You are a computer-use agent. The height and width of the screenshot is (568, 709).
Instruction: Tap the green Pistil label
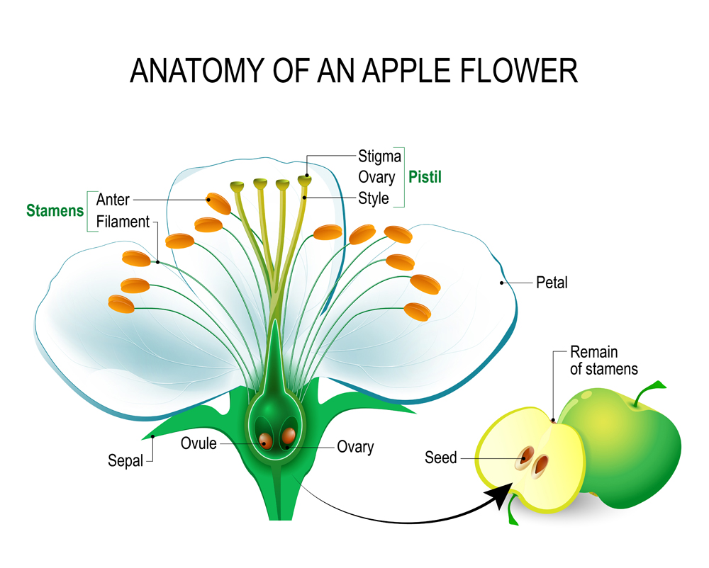[x=424, y=176]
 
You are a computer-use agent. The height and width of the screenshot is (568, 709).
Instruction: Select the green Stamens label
[x=55, y=210]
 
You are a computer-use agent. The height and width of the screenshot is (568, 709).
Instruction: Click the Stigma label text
[x=379, y=156]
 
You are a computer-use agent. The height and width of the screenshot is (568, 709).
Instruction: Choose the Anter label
[x=113, y=200]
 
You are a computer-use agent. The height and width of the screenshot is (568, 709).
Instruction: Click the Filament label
[x=123, y=222]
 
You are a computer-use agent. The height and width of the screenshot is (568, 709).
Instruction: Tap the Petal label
[x=552, y=283]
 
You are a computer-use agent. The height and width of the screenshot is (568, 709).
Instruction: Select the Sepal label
[x=125, y=460]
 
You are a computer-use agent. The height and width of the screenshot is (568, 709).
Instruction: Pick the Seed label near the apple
[x=441, y=458]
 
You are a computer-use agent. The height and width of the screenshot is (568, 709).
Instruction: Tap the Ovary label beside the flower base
[x=355, y=447]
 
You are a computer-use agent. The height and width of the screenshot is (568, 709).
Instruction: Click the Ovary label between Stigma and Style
[x=376, y=177]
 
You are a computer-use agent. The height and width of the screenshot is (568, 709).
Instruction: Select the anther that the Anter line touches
[x=218, y=203]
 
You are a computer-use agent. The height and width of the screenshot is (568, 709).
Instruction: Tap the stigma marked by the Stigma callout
[x=305, y=181]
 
